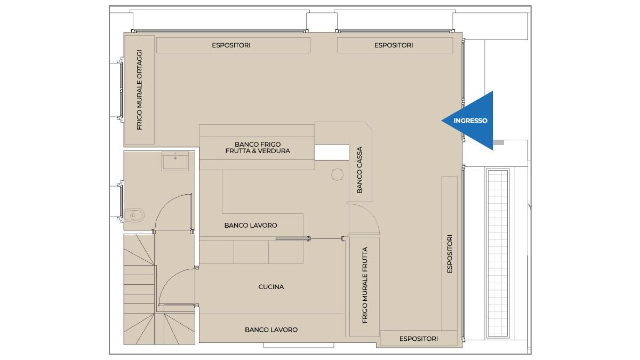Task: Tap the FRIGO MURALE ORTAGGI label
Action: click(139, 90)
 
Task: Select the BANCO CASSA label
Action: click(359, 170)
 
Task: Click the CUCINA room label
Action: click(271, 287)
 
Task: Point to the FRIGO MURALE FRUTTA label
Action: click(365, 285)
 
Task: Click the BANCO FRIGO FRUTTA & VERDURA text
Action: click(258, 148)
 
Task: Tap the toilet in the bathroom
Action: click(134, 215)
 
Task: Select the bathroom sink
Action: click(175, 161)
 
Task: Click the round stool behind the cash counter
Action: click(338, 174)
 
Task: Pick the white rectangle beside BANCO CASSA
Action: click(332, 153)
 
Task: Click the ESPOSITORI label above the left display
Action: click(231, 45)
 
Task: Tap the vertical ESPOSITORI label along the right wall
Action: click(450, 254)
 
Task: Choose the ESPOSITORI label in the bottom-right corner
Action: click(419, 339)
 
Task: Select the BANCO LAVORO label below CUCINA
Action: click(271, 330)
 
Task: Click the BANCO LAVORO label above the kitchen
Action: click(251, 226)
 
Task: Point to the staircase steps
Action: click(149, 289)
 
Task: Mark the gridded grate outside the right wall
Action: click(498, 253)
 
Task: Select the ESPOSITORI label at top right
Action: click(394, 45)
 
